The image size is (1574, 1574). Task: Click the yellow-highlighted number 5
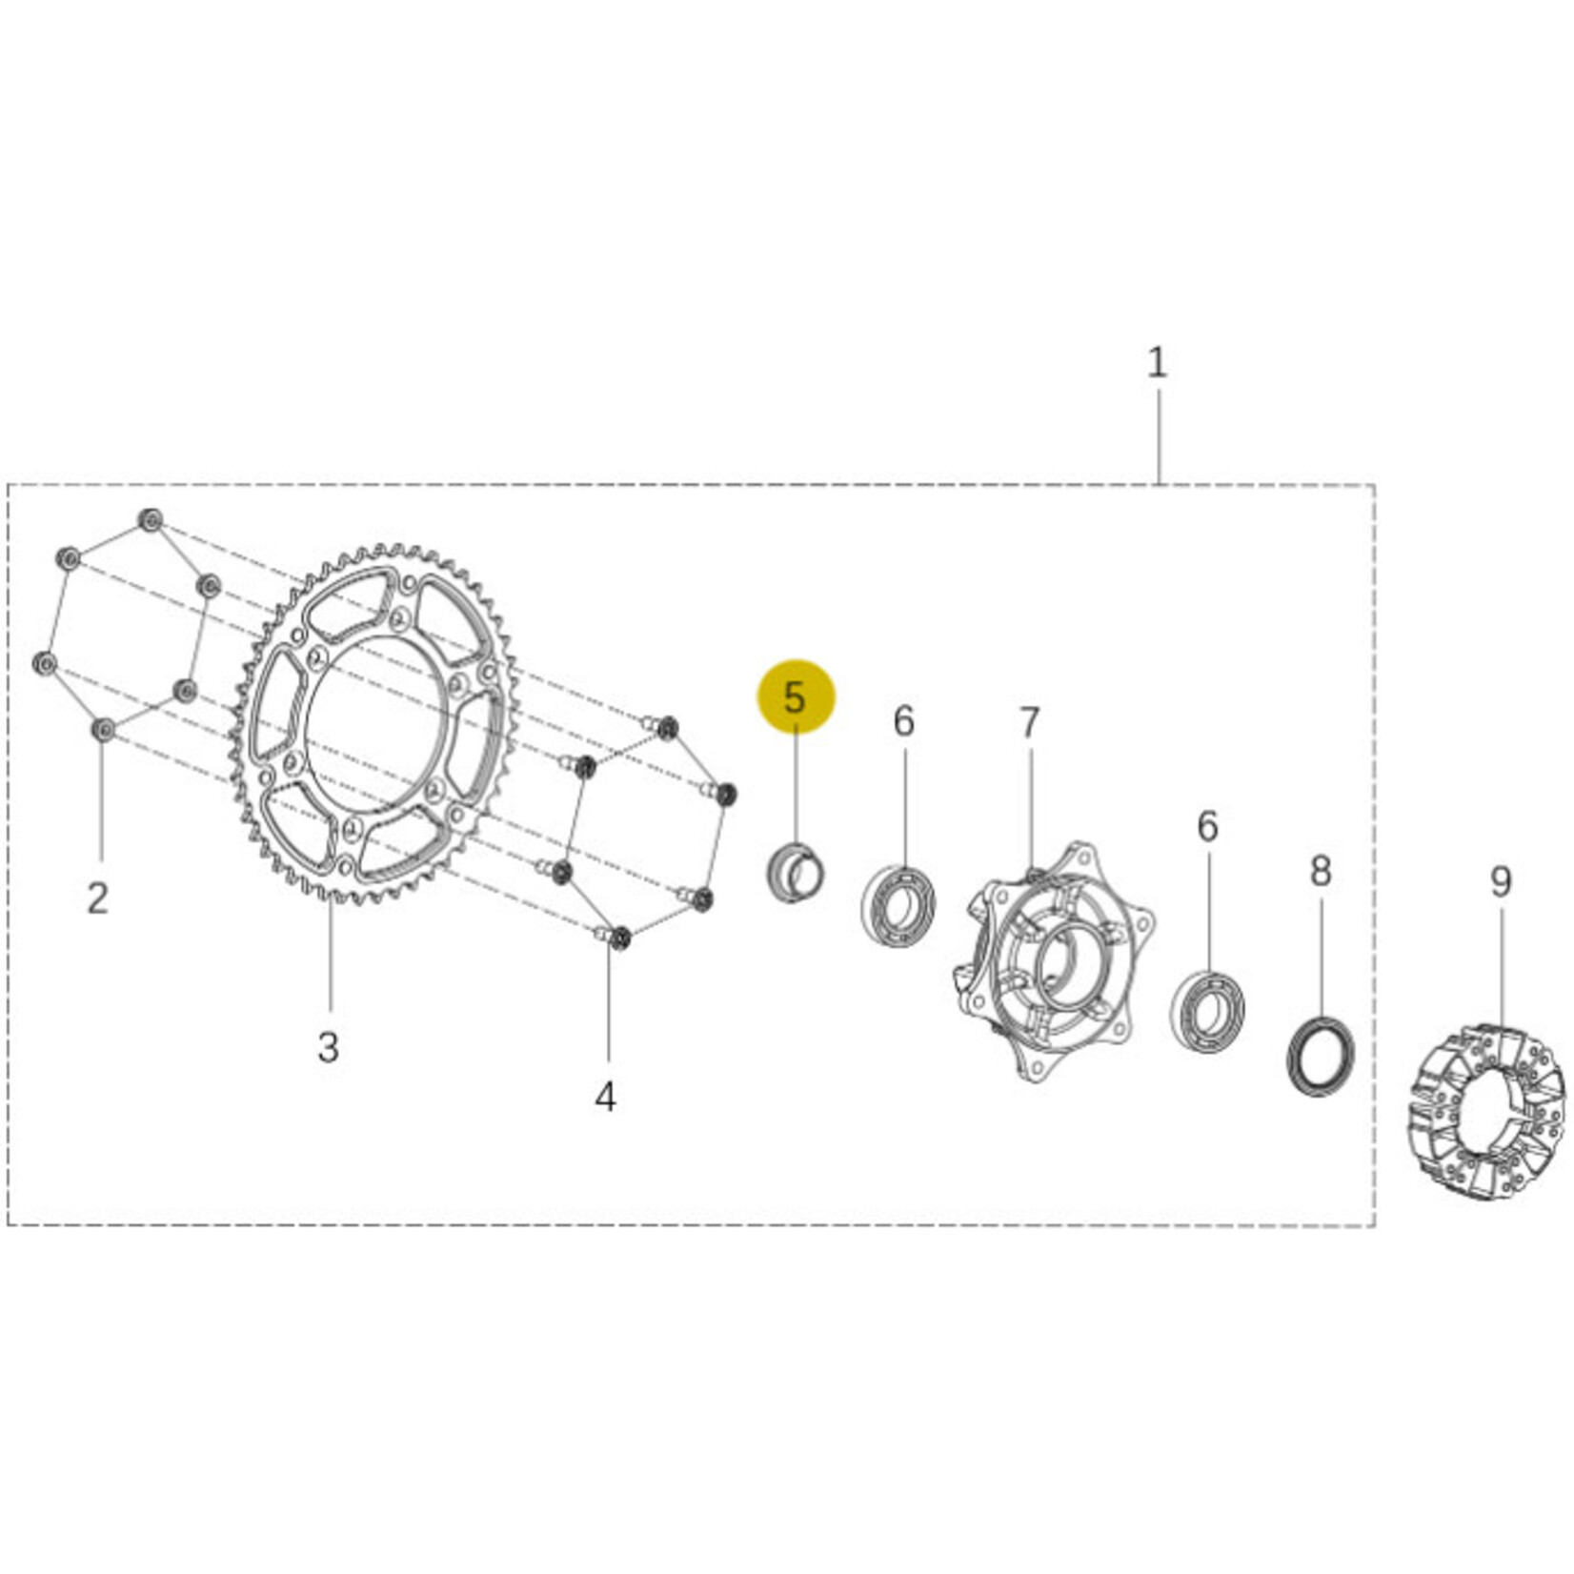[x=795, y=697]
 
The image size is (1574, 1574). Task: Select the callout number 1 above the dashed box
[x=1157, y=363]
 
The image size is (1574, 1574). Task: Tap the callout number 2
[x=97, y=898]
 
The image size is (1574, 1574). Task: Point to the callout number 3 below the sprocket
[x=328, y=1047]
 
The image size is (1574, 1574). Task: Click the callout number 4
[x=605, y=1098]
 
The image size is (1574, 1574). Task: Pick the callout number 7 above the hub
[x=1029, y=723]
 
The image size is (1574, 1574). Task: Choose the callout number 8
[x=1321, y=871]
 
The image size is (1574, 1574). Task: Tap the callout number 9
[x=1501, y=882]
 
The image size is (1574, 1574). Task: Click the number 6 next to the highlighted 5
[x=903, y=721]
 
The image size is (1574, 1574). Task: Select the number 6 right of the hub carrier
[x=1207, y=826]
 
